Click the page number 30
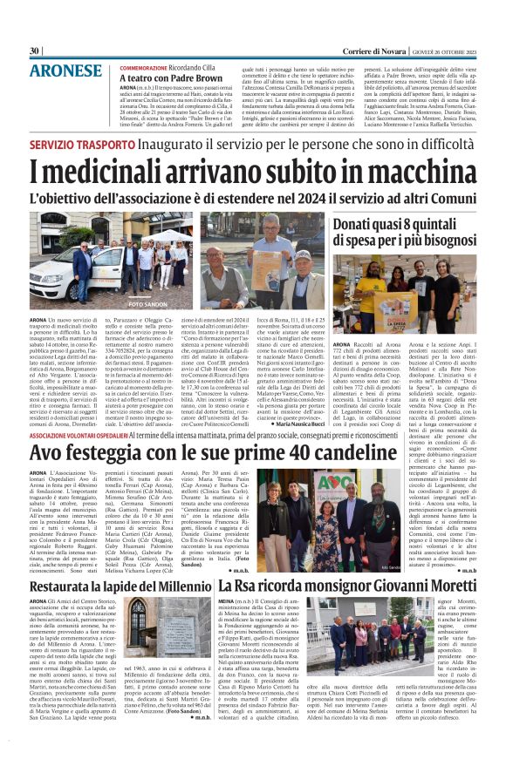coord(35,51)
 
